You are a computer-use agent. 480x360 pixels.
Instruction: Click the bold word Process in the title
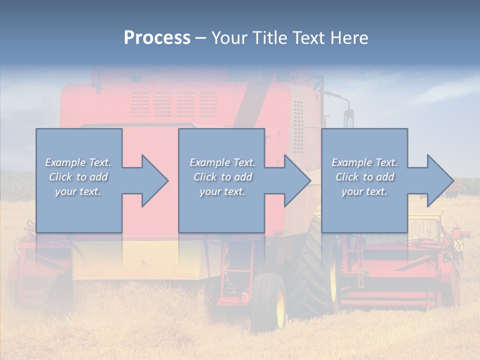pos(157,37)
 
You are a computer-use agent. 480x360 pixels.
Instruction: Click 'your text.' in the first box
pos(78,191)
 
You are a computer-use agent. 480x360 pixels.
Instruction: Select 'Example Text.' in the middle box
pos(222,162)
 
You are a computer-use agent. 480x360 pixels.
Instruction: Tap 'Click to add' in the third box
pos(364,177)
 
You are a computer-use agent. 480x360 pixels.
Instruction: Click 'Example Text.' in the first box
pos(78,162)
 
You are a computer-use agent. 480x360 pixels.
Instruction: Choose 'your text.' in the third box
pos(364,191)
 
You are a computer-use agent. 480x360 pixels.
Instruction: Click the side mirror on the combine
pos(348,118)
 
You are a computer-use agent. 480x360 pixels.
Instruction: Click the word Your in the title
pos(227,37)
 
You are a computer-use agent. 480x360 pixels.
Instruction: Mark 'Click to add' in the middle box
pos(222,177)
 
